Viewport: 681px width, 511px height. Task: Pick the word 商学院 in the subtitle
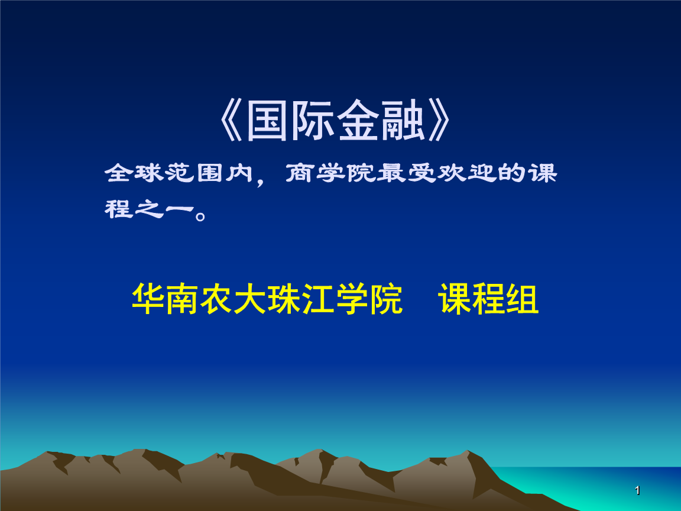pos(330,174)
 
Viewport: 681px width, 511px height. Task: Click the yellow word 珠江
pos(303,300)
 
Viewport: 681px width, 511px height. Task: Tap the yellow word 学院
pos(371,300)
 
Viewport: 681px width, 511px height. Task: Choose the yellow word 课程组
pos(488,300)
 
